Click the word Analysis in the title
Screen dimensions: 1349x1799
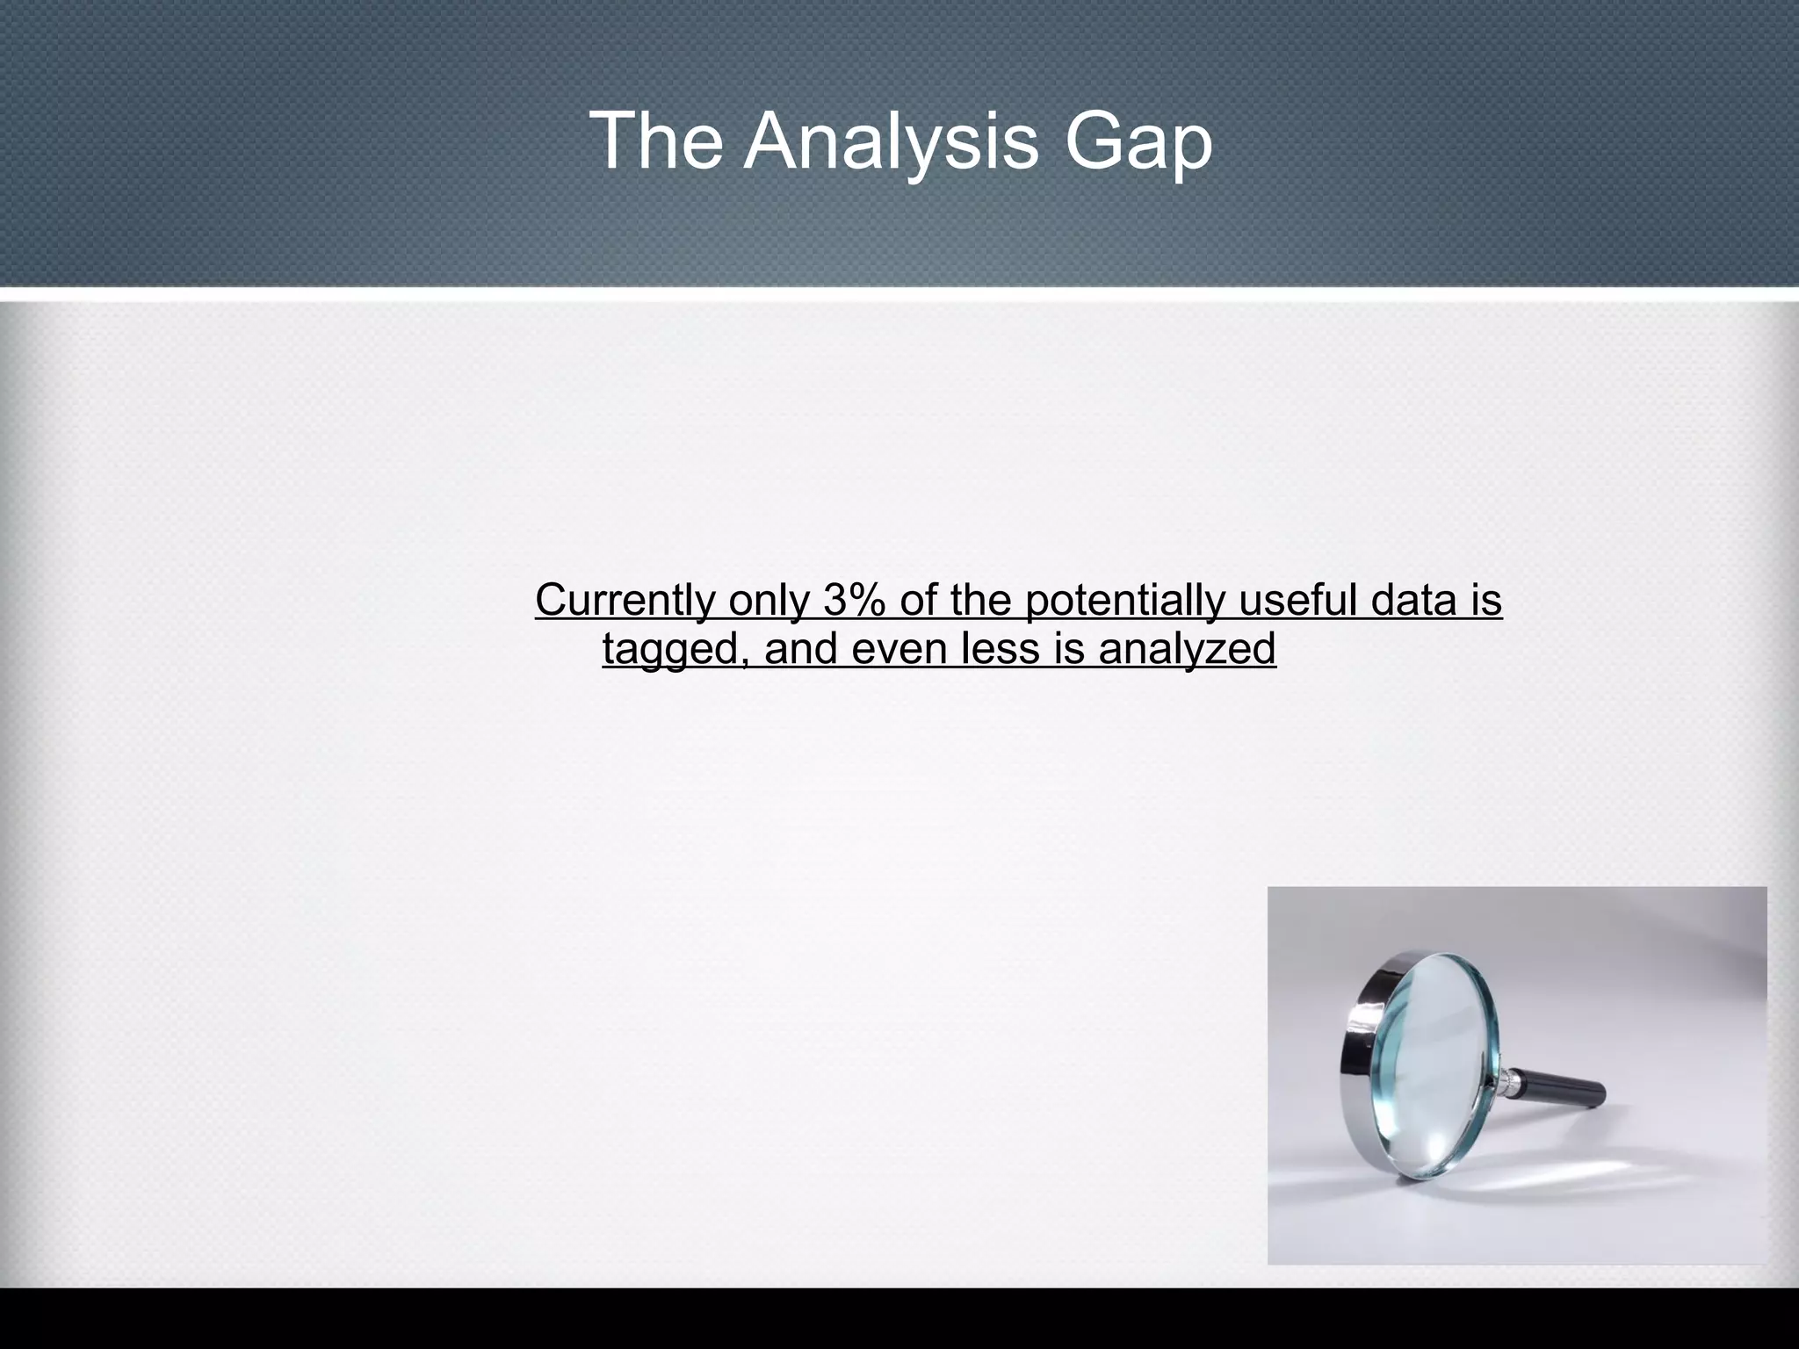point(891,142)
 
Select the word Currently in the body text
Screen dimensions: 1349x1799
point(625,602)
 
